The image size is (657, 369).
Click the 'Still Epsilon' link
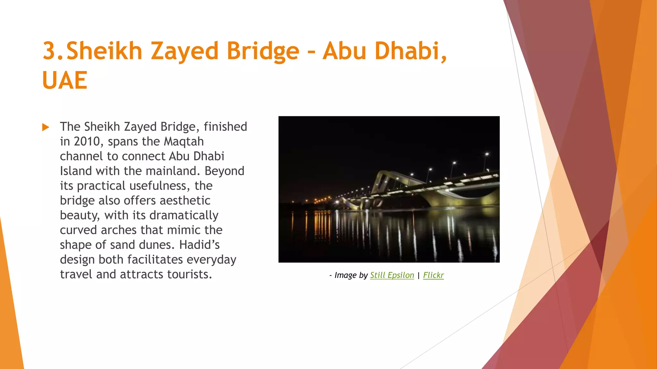pyautogui.click(x=392, y=275)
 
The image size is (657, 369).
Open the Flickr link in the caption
pyautogui.click(x=433, y=275)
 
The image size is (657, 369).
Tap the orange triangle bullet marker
pyautogui.click(x=46, y=127)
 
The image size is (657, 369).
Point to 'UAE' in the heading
pyautogui.click(x=65, y=80)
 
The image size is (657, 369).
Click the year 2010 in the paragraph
pyautogui.click(x=87, y=142)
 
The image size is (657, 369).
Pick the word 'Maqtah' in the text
pyautogui.click(x=183, y=142)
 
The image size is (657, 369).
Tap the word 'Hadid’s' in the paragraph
pyautogui.click(x=199, y=245)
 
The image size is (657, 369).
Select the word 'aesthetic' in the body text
pyautogui.click(x=185, y=201)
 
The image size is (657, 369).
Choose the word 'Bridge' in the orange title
pyautogui.click(x=263, y=51)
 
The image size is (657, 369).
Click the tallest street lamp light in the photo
pyautogui.click(x=487, y=154)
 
